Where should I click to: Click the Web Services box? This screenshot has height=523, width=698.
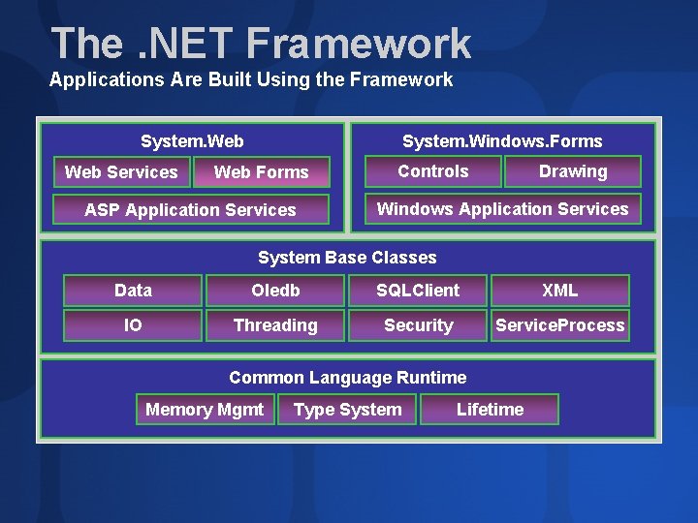[121, 172]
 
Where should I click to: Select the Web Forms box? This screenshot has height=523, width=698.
[261, 172]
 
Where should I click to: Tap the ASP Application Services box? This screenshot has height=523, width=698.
[191, 210]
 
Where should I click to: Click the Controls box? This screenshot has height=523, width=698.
[432, 171]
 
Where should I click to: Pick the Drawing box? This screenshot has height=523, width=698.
[573, 171]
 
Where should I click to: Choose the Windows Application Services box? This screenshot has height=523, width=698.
[502, 209]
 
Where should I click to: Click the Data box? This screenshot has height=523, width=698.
[133, 291]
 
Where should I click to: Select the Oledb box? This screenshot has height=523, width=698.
[275, 291]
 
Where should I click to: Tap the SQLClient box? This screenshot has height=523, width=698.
[418, 291]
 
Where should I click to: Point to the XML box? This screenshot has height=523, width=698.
[559, 291]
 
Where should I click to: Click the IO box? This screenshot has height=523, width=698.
[133, 325]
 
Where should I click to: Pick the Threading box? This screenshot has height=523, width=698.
[275, 325]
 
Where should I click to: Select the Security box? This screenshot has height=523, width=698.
[418, 325]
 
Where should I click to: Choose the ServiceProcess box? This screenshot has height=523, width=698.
[559, 325]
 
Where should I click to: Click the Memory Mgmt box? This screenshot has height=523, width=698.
[205, 410]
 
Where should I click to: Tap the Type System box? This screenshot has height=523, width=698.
[347, 410]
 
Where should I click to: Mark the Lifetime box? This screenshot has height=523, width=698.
[490, 410]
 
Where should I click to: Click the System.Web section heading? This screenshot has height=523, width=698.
[192, 141]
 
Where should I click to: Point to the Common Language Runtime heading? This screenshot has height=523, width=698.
[347, 378]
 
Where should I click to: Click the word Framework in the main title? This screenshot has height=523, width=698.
[358, 44]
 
